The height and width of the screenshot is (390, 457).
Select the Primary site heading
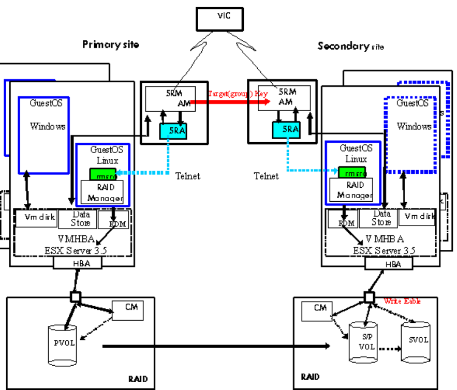tap(111, 44)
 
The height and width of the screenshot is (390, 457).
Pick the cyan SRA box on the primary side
tap(173, 131)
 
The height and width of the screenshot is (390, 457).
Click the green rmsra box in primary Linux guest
tap(102, 174)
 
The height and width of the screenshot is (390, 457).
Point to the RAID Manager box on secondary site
tap(355, 190)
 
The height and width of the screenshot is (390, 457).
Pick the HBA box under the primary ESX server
tap(78, 263)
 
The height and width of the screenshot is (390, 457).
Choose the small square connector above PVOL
tap(76, 297)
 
